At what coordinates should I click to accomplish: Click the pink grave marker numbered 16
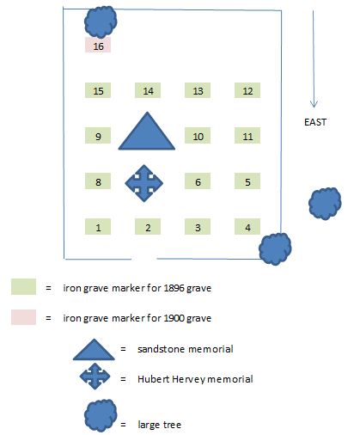click(98, 45)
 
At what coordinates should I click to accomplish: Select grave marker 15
click(98, 90)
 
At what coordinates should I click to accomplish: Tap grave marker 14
click(148, 90)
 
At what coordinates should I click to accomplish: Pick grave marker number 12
click(247, 90)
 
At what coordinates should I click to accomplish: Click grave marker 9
click(98, 136)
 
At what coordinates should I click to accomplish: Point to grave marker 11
click(247, 136)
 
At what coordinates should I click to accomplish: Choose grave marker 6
click(198, 181)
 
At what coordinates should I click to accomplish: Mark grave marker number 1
click(98, 226)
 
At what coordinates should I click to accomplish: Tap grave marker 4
click(247, 226)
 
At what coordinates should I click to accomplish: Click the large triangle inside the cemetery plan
click(147, 135)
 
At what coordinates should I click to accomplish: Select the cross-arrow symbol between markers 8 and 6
click(144, 183)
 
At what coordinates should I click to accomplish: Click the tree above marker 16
click(101, 22)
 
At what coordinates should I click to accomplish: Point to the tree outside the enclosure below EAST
click(325, 204)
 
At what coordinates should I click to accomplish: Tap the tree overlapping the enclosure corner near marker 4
click(275, 249)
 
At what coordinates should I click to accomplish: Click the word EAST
click(315, 122)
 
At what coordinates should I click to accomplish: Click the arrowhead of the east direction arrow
click(314, 105)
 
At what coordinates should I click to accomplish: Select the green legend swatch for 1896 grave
click(23, 286)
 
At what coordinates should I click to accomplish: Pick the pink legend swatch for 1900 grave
click(23, 317)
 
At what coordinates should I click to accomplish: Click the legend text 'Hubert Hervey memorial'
click(195, 379)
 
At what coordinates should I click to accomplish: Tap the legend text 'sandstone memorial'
click(186, 349)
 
